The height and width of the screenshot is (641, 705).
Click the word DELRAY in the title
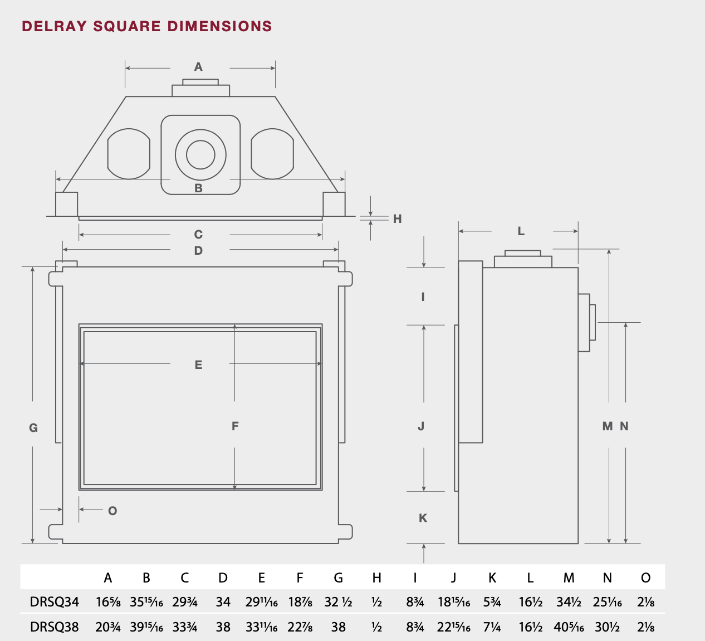[x=55, y=26]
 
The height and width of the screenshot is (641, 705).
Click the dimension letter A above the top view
[x=199, y=67]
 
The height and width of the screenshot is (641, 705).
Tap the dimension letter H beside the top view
[x=398, y=219]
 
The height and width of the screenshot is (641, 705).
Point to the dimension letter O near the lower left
[x=112, y=511]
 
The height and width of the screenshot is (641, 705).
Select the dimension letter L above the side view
[x=521, y=231]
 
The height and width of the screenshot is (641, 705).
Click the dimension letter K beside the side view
[x=423, y=518]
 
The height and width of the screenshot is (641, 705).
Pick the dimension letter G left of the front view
[x=33, y=428]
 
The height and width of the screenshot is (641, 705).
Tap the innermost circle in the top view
[x=200, y=155]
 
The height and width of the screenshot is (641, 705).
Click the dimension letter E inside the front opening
[x=199, y=365]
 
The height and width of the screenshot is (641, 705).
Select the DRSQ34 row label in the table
[x=55, y=602]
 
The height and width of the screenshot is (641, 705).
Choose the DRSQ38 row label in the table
[x=55, y=627]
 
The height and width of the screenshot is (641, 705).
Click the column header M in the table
[x=569, y=577]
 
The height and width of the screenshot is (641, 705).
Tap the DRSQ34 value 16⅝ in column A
[x=108, y=602]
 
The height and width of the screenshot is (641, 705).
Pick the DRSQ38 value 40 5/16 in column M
[x=569, y=627]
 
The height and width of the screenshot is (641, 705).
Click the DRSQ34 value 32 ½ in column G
[x=339, y=602]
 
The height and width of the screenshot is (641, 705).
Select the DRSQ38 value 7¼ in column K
[x=492, y=627]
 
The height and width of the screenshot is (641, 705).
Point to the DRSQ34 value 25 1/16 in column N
[x=608, y=602]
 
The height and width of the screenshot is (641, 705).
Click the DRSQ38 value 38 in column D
[x=223, y=627]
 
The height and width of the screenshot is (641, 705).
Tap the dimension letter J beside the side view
[x=422, y=426]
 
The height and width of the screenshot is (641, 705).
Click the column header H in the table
[x=377, y=577]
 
